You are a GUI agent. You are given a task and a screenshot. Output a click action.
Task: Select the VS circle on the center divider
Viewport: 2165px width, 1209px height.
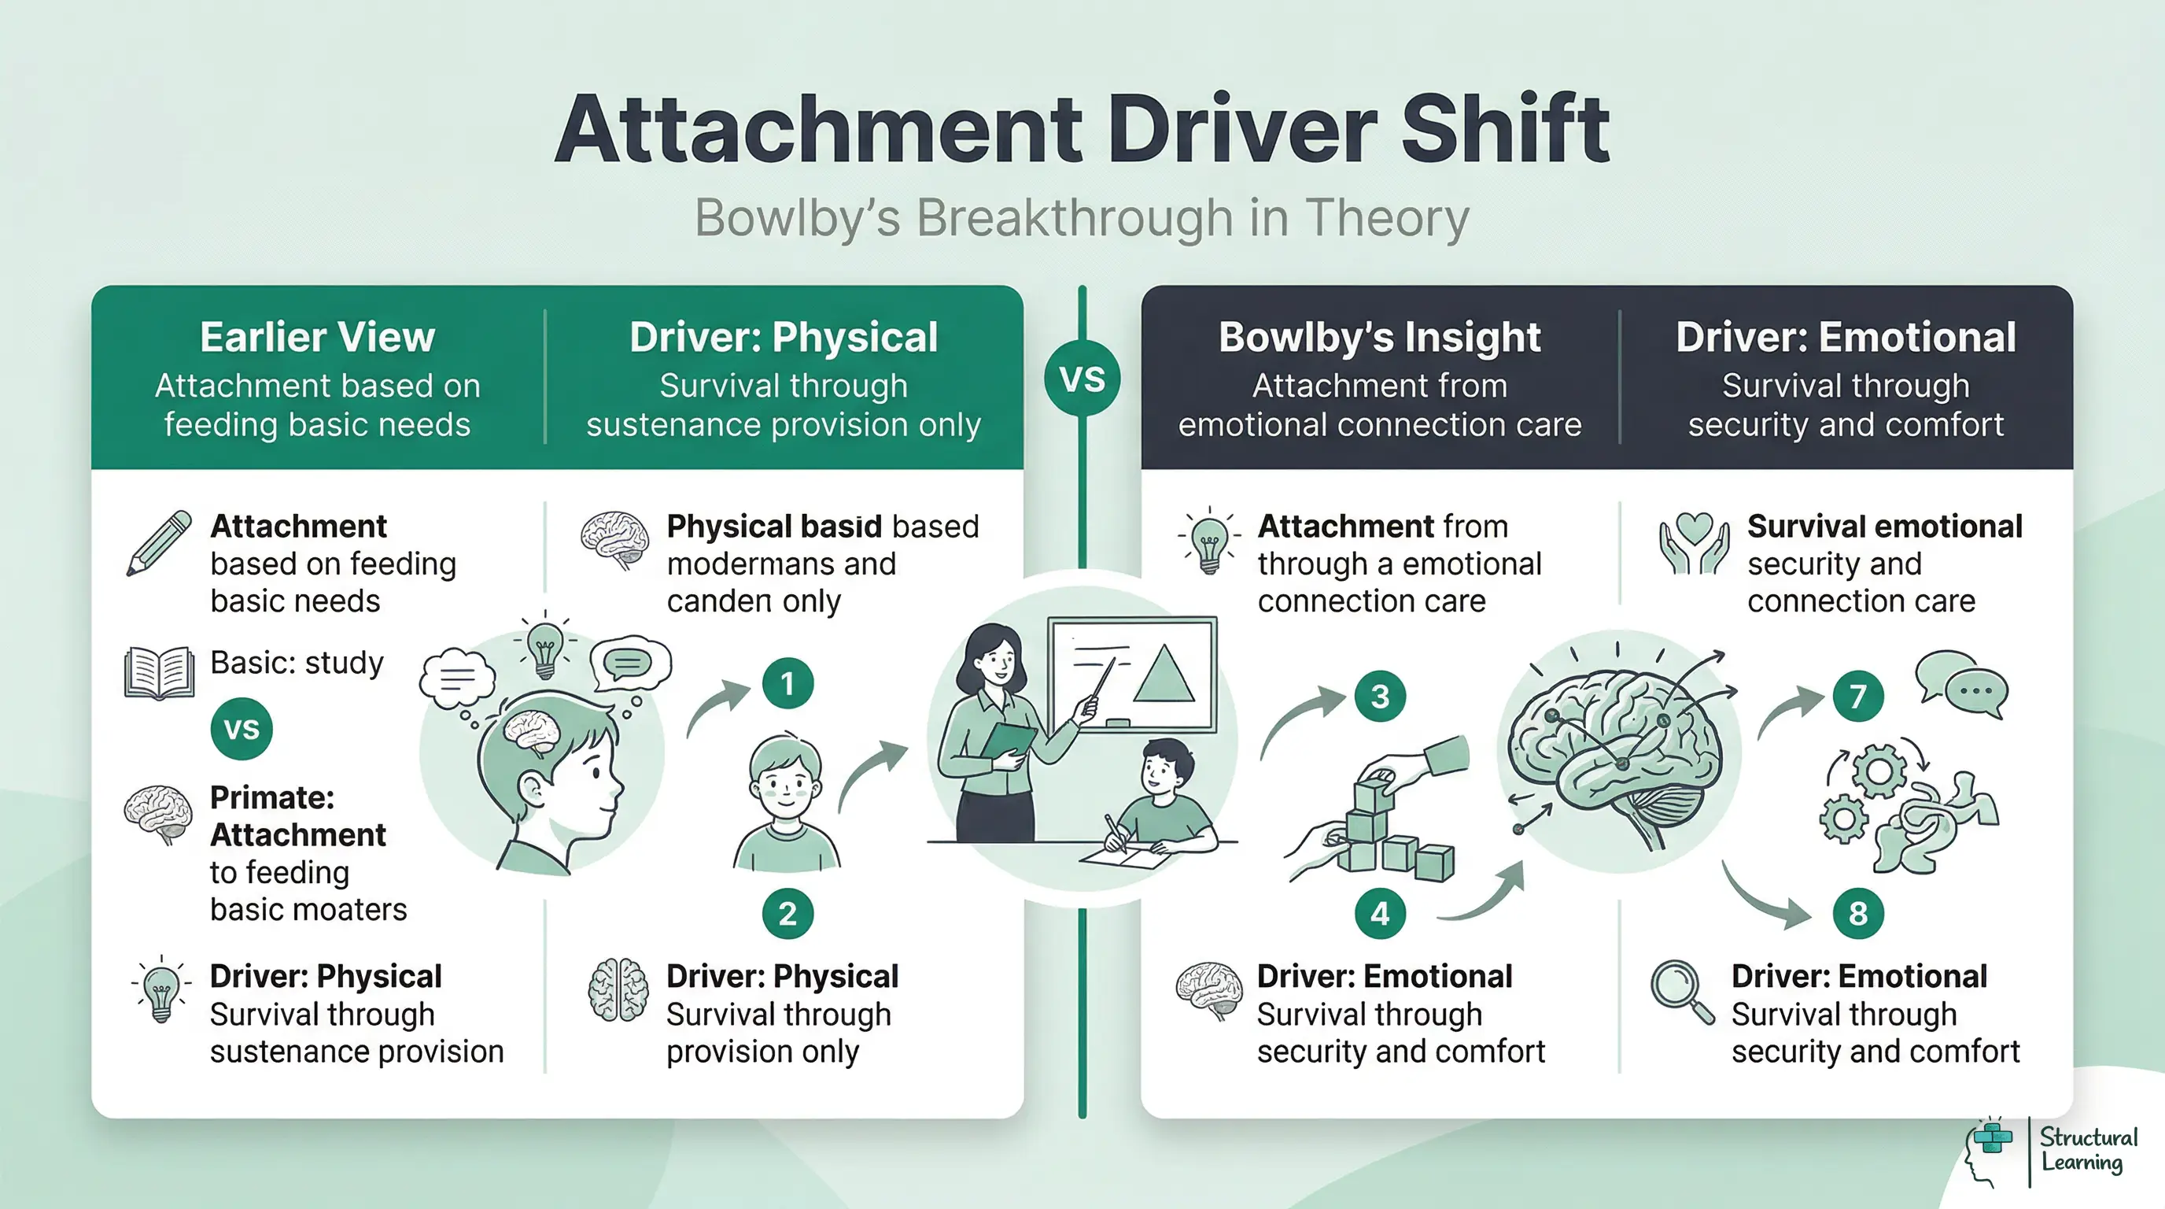(1082, 379)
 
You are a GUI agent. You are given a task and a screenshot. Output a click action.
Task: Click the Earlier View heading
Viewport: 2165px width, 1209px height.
(317, 337)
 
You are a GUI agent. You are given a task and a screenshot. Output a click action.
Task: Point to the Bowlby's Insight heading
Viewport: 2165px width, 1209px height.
(1379, 337)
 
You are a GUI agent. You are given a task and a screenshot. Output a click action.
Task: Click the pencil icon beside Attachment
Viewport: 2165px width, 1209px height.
(159, 543)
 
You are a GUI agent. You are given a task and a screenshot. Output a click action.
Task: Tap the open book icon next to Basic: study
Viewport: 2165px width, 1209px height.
(159, 673)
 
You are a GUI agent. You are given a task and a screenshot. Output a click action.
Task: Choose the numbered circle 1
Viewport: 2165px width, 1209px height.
(787, 683)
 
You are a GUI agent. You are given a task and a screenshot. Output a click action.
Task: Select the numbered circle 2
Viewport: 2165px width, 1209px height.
(787, 913)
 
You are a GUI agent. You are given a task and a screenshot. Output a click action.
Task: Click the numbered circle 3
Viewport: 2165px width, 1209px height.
(1380, 696)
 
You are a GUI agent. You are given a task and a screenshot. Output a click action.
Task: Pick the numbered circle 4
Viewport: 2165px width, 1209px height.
(1380, 913)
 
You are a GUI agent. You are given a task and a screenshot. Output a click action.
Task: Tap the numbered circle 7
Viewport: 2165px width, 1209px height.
(1857, 696)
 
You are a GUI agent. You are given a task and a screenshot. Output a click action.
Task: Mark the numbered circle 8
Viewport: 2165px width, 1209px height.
(1857, 913)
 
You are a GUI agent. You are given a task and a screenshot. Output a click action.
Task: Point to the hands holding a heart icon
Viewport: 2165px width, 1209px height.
(1695, 543)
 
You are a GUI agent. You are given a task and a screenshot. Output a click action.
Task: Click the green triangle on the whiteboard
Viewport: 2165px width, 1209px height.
(1164, 675)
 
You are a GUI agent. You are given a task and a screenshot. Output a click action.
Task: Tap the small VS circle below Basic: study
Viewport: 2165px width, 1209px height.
(242, 728)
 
